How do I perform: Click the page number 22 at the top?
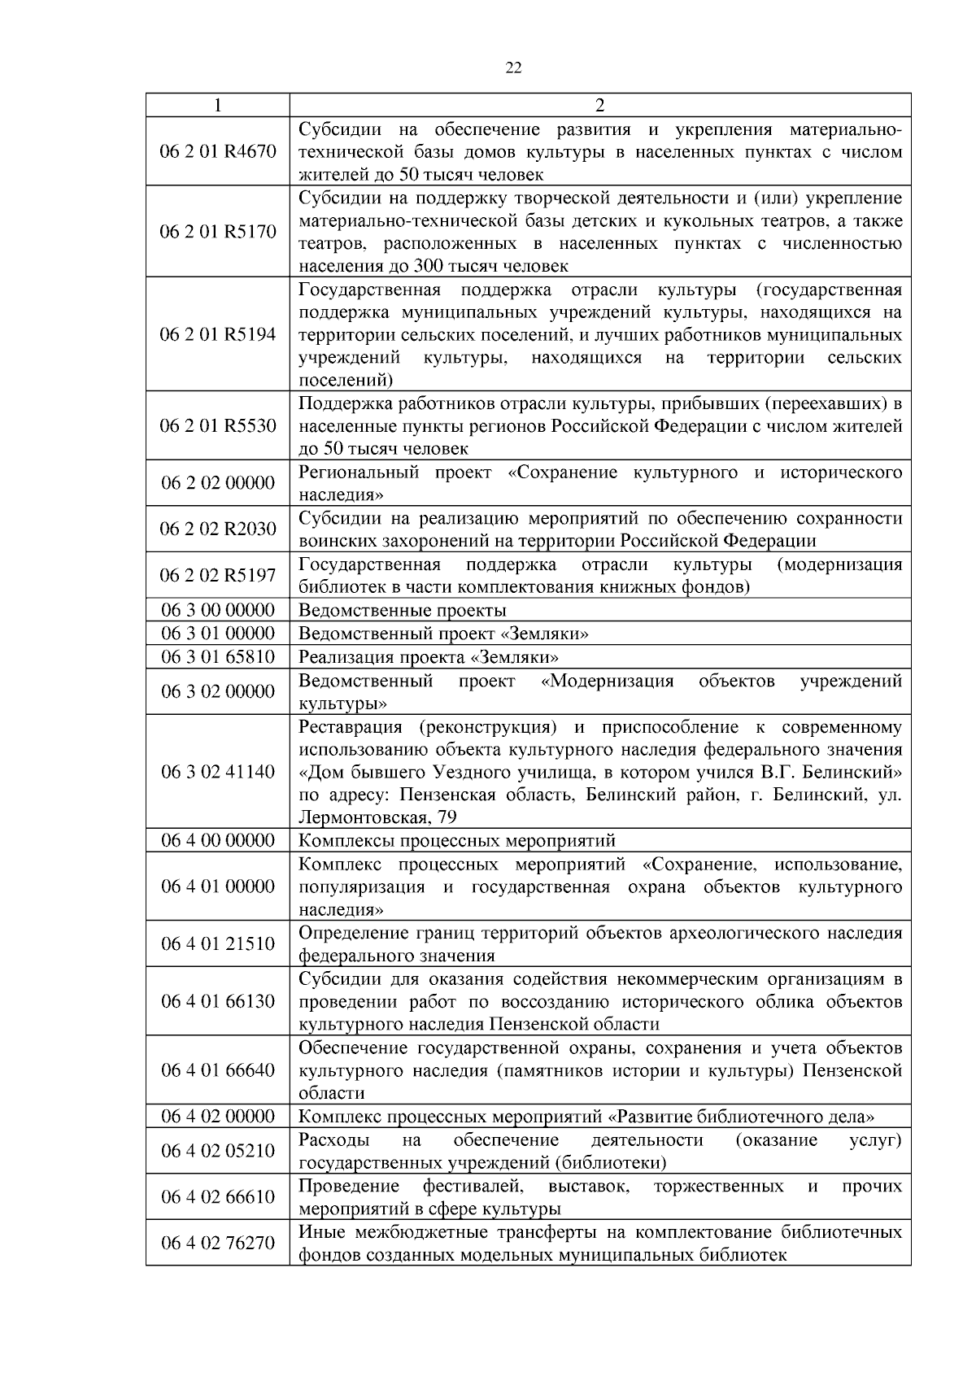click(x=513, y=68)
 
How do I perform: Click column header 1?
click(x=217, y=106)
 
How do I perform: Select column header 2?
click(x=600, y=106)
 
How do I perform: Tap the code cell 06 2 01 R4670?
click(x=218, y=152)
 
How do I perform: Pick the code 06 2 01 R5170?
click(x=218, y=232)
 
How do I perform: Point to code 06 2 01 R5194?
click(x=218, y=334)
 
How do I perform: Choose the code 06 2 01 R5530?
click(x=218, y=425)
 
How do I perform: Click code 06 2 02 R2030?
click(x=218, y=529)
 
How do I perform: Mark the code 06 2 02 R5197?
click(x=218, y=575)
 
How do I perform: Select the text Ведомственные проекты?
click(x=403, y=610)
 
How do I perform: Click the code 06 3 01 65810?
click(x=218, y=656)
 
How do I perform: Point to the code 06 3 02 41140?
click(x=218, y=771)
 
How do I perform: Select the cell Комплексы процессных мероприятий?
click(x=457, y=840)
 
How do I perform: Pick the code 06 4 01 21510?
click(x=218, y=943)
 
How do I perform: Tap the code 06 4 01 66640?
click(x=218, y=1070)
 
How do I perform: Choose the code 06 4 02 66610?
click(x=218, y=1196)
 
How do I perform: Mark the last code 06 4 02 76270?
click(x=218, y=1243)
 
